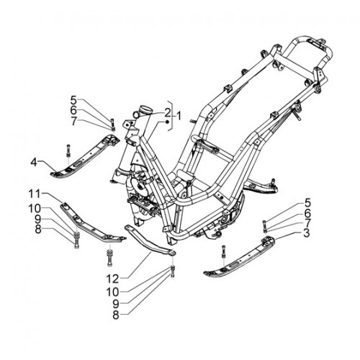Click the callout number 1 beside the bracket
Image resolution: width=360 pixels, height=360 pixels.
[179, 117]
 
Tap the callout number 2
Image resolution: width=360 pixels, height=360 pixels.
[167, 112]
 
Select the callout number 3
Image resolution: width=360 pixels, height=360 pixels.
[306, 233]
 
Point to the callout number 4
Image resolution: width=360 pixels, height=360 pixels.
[34, 163]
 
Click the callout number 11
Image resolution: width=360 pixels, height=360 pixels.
[35, 194]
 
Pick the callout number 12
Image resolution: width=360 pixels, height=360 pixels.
[112, 279]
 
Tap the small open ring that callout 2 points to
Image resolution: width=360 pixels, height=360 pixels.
[136, 114]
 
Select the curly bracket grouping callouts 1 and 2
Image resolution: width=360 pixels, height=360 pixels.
[171, 116]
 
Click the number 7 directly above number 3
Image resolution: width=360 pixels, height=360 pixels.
[306, 222]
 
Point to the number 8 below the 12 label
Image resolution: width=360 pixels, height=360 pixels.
[116, 315]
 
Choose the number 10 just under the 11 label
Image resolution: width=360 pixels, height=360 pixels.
[35, 209]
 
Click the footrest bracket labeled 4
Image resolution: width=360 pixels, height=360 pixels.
[85, 156]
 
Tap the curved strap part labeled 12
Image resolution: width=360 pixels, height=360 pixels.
[150, 240]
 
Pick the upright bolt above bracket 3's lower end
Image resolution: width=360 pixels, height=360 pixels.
[223, 251]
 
